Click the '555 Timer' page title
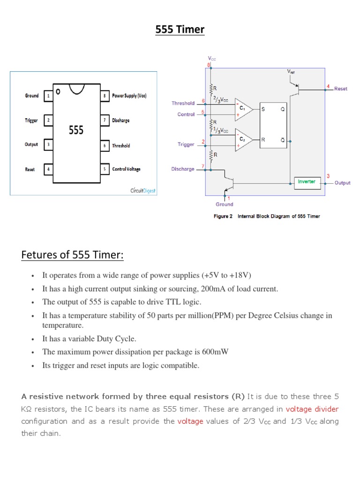pyautogui.click(x=180, y=30)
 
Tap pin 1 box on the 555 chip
pyautogui.click(x=48, y=96)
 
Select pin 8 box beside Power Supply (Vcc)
pyautogui.click(x=105, y=96)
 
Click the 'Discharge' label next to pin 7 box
pyautogui.click(x=121, y=120)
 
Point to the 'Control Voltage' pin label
pyautogui.click(x=126, y=169)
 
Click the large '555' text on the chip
pyautogui.click(x=76, y=130)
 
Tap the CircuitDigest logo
pyautogui.click(x=143, y=191)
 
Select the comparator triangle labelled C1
pyautogui.click(x=243, y=109)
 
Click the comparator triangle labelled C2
pyautogui.click(x=243, y=140)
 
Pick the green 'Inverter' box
pyautogui.click(x=307, y=182)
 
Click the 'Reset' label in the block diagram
pyautogui.click(x=341, y=89)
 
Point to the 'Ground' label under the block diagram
pyautogui.click(x=225, y=204)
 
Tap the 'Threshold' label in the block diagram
pyautogui.click(x=183, y=103)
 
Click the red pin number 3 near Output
pyautogui.click(x=328, y=175)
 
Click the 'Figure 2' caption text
pyautogui.click(x=223, y=216)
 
